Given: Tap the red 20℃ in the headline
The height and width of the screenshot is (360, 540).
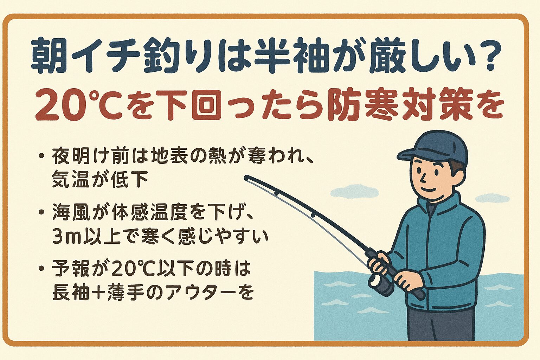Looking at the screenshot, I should [74, 105].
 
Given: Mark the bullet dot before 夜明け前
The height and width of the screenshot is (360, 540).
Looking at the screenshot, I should [42, 156].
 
